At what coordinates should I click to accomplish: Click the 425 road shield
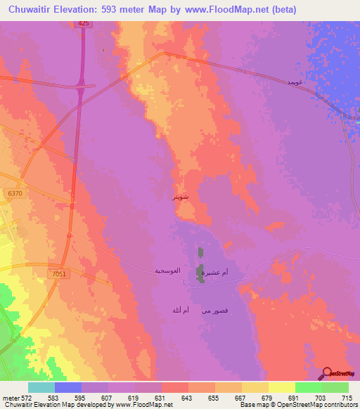[84, 24]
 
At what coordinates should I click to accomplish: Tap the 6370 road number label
[13, 193]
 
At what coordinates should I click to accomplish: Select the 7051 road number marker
[58, 273]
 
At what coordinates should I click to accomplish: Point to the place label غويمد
[295, 83]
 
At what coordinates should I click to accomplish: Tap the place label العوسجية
[169, 271]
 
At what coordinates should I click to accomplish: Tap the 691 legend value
[282, 398]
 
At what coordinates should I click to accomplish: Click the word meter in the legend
[11, 398]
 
